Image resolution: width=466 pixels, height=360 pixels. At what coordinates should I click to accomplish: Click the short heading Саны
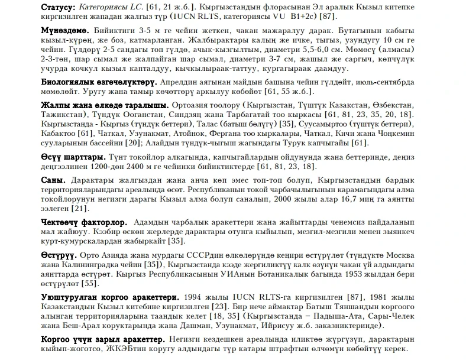(x=51, y=180)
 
